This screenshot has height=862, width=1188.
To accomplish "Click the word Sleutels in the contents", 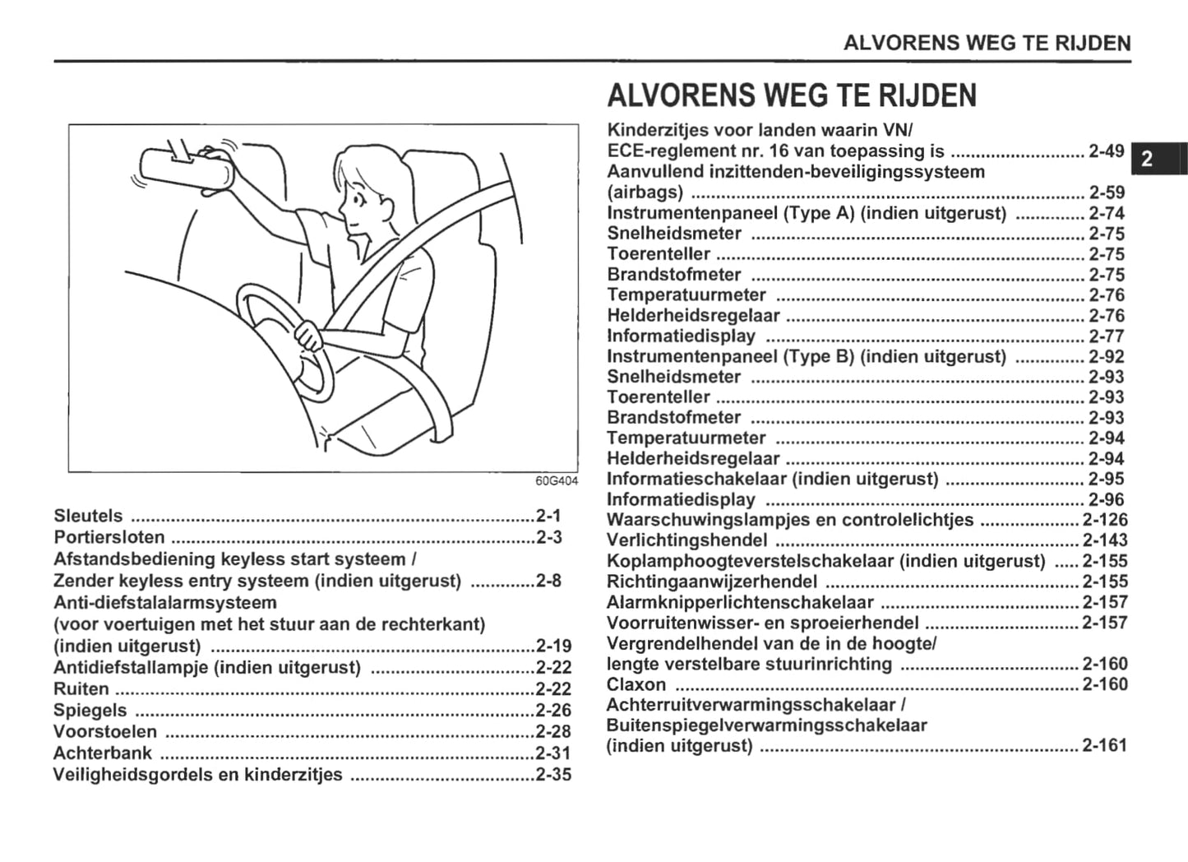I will click(88, 517).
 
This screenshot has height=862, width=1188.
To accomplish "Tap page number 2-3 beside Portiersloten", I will click(548, 538).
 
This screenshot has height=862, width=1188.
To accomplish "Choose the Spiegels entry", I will click(90, 710).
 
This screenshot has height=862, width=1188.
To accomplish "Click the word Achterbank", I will click(103, 753).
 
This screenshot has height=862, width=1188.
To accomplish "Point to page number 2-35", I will click(553, 774).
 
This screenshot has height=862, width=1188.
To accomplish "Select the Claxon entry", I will click(636, 684).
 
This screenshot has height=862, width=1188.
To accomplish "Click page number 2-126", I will click(1105, 520).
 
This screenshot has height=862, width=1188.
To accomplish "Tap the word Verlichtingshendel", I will click(686, 540).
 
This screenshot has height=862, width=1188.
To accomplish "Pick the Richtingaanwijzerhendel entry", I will click(712, 582).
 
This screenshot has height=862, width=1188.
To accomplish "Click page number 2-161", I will click(1105, 746).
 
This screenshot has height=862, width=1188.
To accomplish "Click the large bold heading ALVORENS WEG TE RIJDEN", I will click(792, 96).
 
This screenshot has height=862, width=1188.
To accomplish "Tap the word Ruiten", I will click(81, 688).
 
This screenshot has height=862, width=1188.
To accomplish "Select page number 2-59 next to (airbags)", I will click(1107, 192).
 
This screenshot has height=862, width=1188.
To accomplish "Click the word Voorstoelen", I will click(105, 731).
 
